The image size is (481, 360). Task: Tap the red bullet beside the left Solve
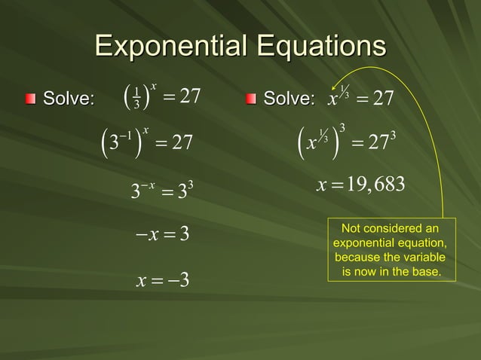[29, 99]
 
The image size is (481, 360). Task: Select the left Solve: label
[69, 99]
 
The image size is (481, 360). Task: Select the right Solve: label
[287, 99]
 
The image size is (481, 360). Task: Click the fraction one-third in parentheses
[136, 99]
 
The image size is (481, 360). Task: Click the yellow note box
[391, 250]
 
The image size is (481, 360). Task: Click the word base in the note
[425, 271]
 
